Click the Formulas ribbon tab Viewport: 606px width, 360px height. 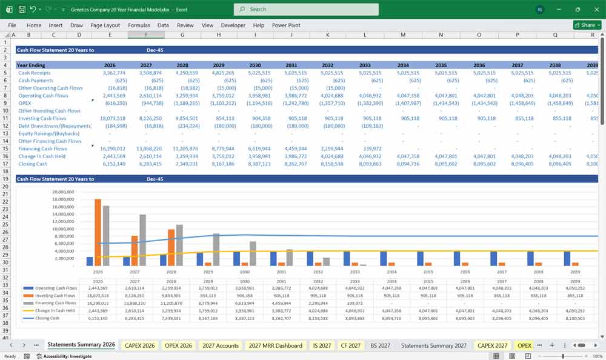click(x=139, y=25)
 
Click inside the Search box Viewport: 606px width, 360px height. click(x=306, y=9)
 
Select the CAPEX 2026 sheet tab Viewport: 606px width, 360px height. click(x=140, y=345)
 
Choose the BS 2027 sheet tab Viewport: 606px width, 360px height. click(x=380, y=345)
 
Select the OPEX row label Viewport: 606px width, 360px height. click(x=25, y=103)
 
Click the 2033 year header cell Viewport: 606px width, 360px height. click(x=365, y=65)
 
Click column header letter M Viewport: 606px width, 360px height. click(x=403, y=35)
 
